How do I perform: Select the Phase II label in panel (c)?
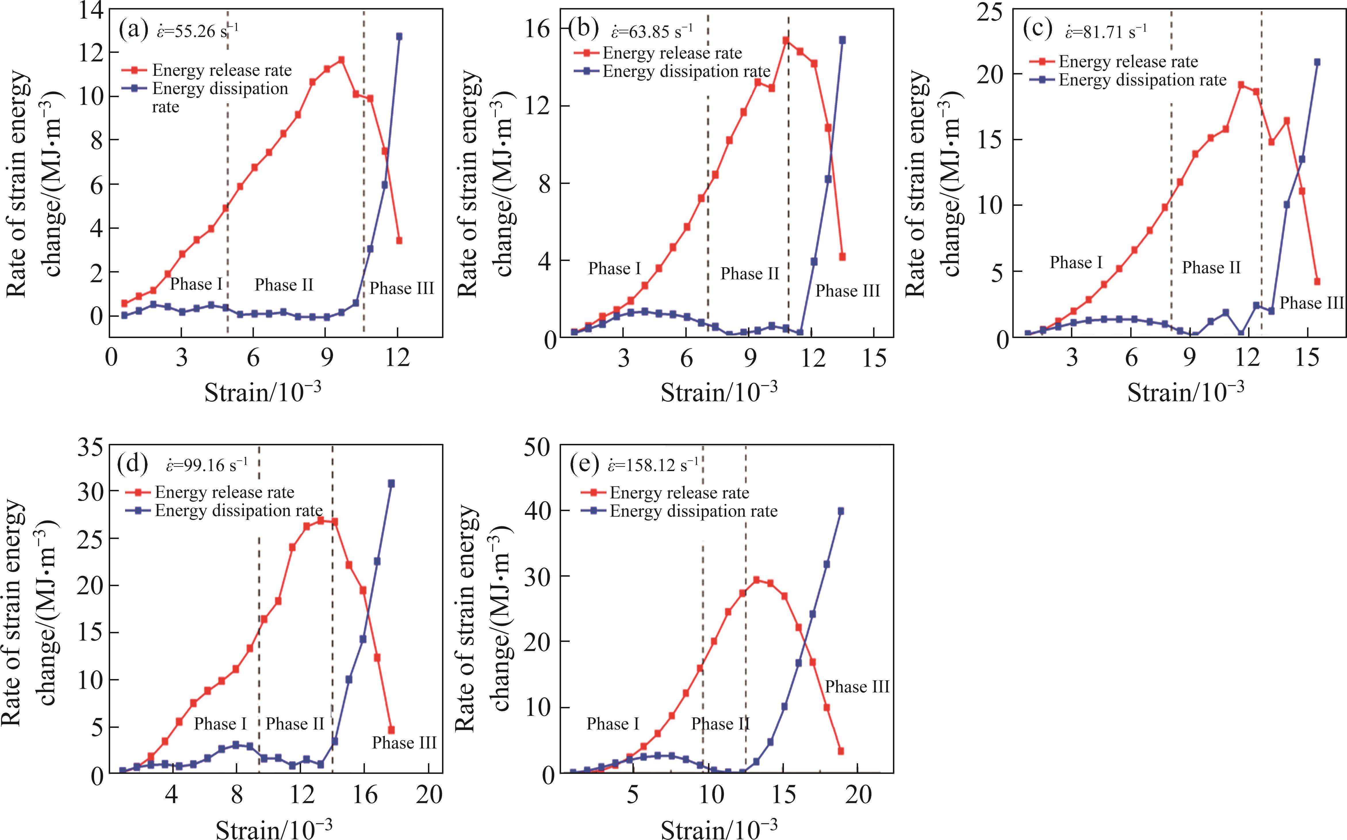click(x=1211, y=268)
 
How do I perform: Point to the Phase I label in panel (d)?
click(x=220, y=724)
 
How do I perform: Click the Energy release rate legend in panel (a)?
click(x=221, y=70)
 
